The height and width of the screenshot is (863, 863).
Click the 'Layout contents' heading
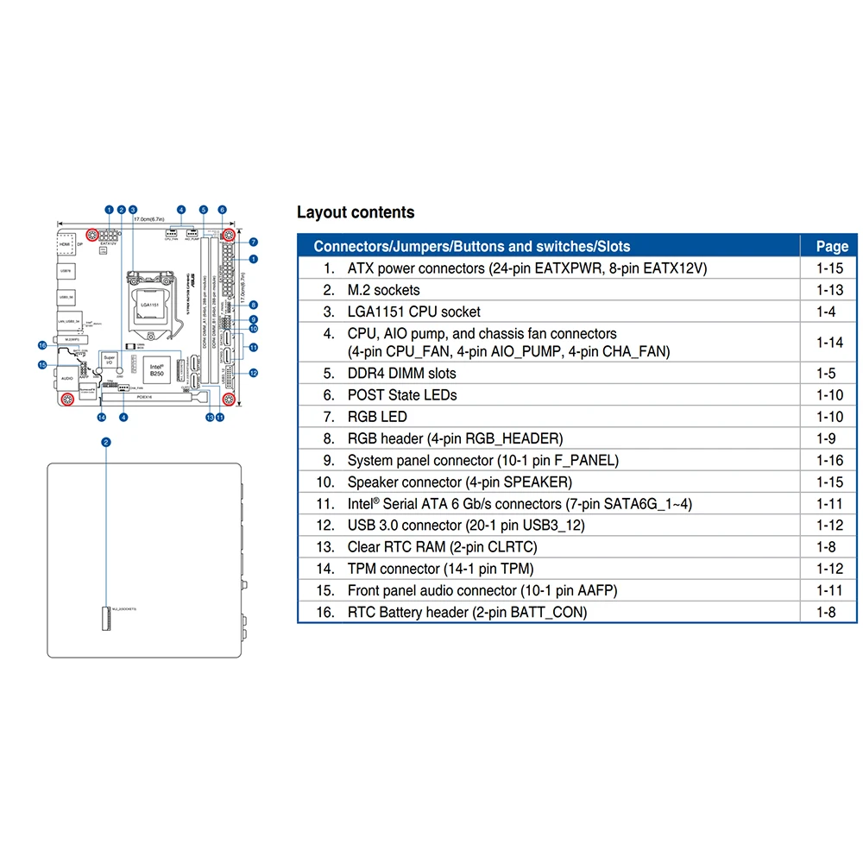356,212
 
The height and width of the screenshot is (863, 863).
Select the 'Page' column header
832,246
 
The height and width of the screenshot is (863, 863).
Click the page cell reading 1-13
829,290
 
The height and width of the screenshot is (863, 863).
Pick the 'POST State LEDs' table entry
402,395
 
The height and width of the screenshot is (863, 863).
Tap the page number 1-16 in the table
829,461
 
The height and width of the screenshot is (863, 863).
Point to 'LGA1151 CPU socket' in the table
413,312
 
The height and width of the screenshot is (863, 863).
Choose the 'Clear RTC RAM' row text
442,547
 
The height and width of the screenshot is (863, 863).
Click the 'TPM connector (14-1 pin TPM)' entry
440,569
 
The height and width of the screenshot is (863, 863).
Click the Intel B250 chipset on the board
155,369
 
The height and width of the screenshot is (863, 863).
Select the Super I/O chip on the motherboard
110,360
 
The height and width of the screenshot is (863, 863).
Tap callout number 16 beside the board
41,345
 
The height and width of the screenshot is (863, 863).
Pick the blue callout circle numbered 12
254,374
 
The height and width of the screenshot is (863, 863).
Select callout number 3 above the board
133,210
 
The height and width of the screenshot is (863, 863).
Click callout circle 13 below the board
210,418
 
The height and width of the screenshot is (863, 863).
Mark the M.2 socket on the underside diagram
107,618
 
